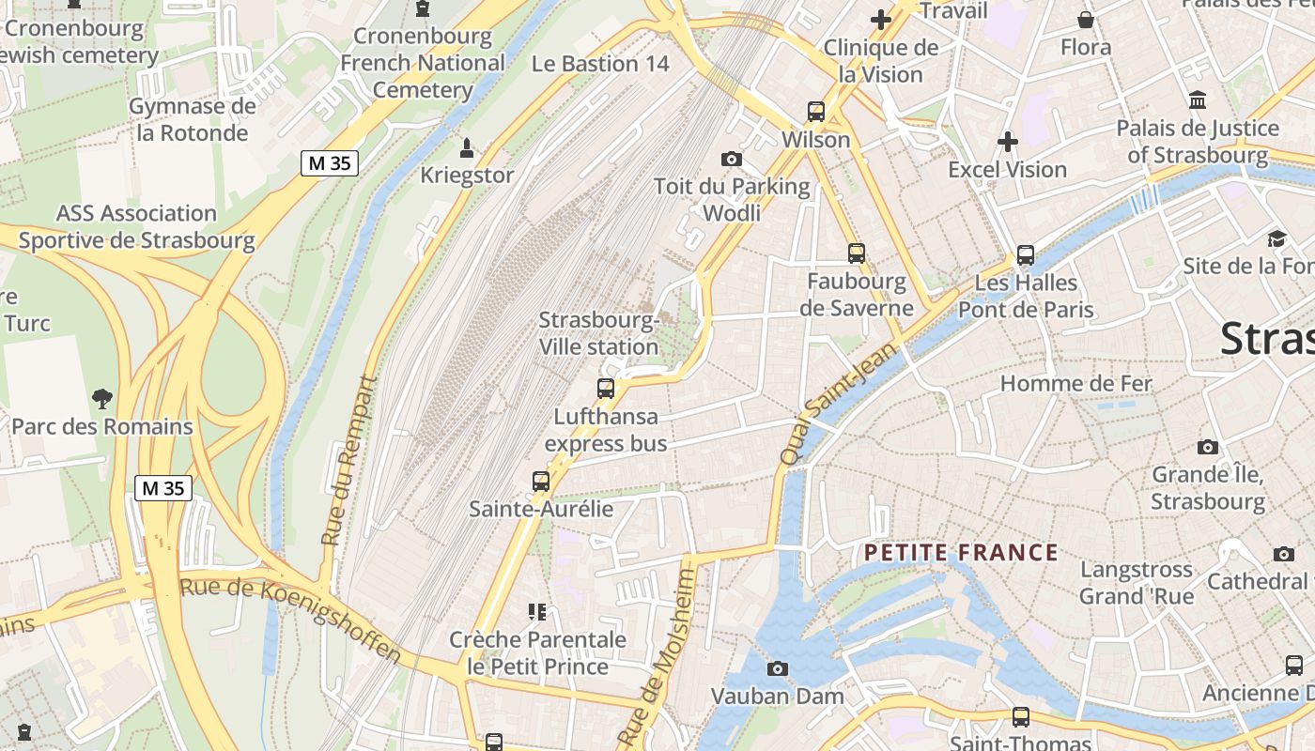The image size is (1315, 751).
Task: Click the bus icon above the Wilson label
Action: [816, 112]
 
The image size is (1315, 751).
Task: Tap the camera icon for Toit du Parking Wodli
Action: [732, 159]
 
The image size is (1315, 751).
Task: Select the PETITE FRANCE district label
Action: [961, 553]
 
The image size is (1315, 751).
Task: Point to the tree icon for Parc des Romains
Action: [101, 399]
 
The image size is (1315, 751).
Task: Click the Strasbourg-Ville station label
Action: [598, 333]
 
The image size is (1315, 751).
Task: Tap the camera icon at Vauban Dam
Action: [777, 668]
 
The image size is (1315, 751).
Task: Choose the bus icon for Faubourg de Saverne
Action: [856, 253]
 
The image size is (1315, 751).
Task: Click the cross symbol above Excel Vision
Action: [1007, 142]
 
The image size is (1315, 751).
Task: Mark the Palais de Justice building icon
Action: [1198, 100]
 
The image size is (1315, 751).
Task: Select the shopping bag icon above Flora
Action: [1086, 19]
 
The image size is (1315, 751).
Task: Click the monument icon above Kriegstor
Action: [466, 147]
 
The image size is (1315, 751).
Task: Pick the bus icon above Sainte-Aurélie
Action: [541, 482]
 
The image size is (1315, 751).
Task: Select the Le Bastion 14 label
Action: [600, 64]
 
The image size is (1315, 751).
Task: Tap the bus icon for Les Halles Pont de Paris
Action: [1025, 255]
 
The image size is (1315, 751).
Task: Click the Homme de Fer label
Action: [1075, 383]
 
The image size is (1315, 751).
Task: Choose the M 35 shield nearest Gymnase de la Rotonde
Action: [330, 163]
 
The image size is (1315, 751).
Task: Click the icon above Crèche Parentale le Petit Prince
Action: [537, 612]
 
